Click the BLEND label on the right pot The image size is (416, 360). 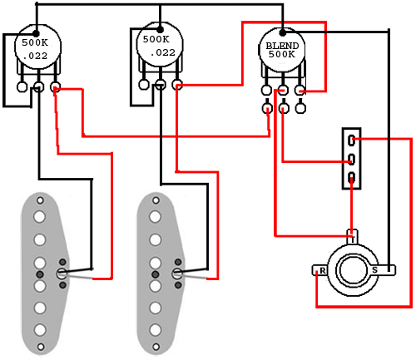[x=282, y=46]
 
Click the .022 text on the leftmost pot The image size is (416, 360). [x=35, y=56]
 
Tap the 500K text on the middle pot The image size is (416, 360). [x=156, y=39]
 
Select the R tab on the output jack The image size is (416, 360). [x=321, y=270]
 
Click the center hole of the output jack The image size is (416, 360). [x=353, y=270]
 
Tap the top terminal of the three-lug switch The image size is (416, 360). [x=351, y=141]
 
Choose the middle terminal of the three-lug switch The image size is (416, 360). [x=351, y=160]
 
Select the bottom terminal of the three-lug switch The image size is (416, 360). [x=351, y=178]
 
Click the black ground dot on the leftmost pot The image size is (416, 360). [x=36, y=33]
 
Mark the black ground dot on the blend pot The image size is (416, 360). [x=282, y=33]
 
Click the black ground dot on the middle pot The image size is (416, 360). [x=160, y=30]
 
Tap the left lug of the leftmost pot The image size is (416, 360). [x=22, y=86]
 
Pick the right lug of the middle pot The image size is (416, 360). [x=177, y=85]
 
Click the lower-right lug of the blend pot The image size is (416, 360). [x=300, y=108]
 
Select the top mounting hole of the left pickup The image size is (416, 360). [x=41, y=200]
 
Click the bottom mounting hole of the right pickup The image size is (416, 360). [x=156, y=347]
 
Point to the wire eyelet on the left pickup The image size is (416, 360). [x=62, y=274]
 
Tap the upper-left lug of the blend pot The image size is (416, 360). [x=266, y=90]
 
